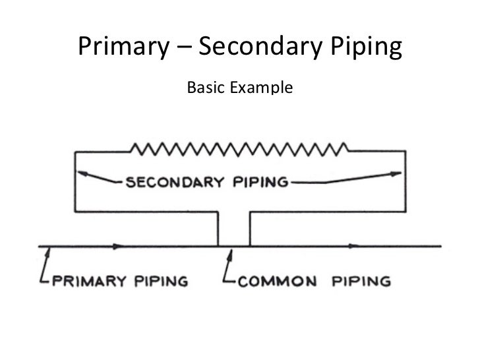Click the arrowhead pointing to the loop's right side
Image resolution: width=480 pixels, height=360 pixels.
[x=396, y=173]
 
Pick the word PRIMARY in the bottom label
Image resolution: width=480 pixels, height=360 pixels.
[x=88, y=281]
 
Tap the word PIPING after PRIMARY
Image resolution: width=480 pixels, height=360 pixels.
[x=162, y=281]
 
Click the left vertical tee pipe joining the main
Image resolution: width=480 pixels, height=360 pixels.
[x=218, y=229]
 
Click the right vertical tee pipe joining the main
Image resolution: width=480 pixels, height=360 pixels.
[x=250, y=229]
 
